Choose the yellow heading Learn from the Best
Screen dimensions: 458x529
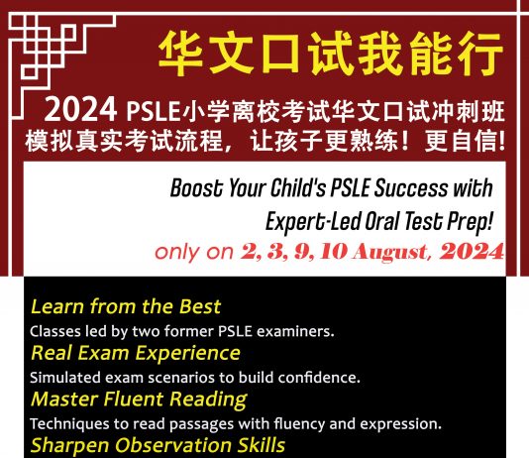pos(126,306)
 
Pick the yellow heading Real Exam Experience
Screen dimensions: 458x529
pos(136,353)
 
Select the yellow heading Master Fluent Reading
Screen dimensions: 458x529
pos(139,400)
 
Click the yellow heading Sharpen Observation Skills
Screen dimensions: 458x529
pos(158,445)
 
